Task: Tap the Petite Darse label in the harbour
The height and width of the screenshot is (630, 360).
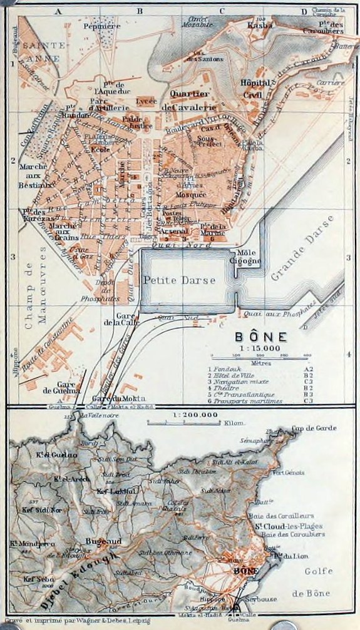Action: click(x=179, y=280)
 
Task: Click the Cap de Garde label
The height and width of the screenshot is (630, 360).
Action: click(x=314, y=429)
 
